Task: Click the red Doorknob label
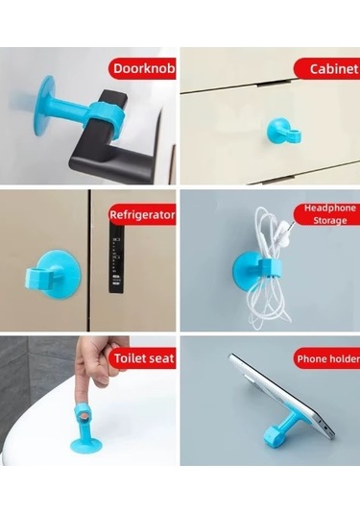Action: point(142,68)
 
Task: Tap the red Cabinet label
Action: point(333,68)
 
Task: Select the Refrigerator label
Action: point(142,215)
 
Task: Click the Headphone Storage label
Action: point(329,212)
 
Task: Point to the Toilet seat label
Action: point(142,359)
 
